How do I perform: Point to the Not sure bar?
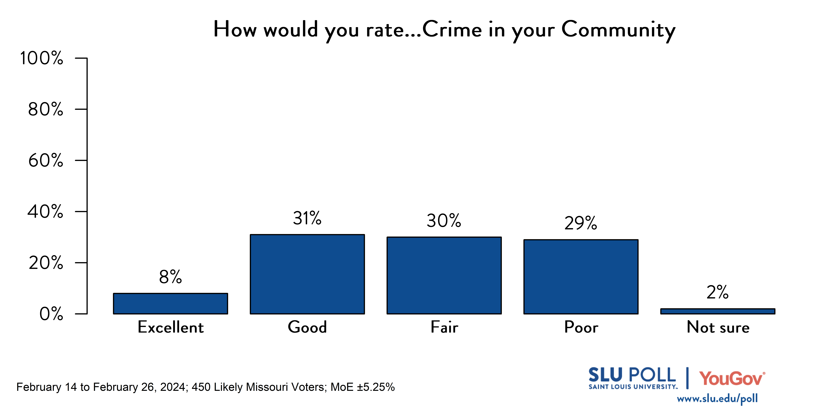[x=718, y=311]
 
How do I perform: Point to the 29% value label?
[x=581, y=223]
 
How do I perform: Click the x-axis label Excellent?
[x=171, y=327]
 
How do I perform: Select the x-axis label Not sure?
[x=718, y=327]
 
